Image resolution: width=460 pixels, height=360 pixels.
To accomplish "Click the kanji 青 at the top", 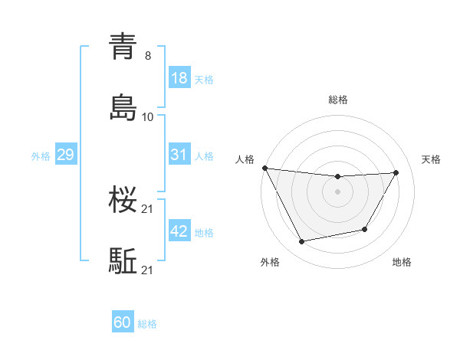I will pos(123,47).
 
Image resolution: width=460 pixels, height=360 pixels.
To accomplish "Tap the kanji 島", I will pos(123,108).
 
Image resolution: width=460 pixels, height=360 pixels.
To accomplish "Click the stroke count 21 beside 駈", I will pos(148,270).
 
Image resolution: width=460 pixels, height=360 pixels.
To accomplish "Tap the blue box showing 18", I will pos(179,78).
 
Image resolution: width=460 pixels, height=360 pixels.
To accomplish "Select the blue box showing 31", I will pos(179,155).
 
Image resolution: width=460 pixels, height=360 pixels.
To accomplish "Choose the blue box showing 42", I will pos(179,231).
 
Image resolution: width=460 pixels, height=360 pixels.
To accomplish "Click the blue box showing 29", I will pos(65,155).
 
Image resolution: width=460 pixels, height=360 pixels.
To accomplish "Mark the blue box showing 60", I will pos(123,322).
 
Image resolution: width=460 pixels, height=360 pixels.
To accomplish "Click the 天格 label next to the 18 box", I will pos(204,79).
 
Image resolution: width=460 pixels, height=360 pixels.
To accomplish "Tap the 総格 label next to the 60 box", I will pos(147,323).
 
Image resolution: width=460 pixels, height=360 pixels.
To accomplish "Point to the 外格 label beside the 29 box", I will pos(41,155).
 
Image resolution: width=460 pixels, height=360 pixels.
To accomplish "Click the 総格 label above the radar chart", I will pos(338,100).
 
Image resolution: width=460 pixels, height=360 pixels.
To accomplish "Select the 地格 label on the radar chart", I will pos(402,262).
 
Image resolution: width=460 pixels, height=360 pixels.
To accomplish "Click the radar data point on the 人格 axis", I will pos(264,168).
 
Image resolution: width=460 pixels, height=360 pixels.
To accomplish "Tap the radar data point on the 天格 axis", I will pos(396,172).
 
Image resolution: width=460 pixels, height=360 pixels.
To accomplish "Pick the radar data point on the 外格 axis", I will pos(301,242).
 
